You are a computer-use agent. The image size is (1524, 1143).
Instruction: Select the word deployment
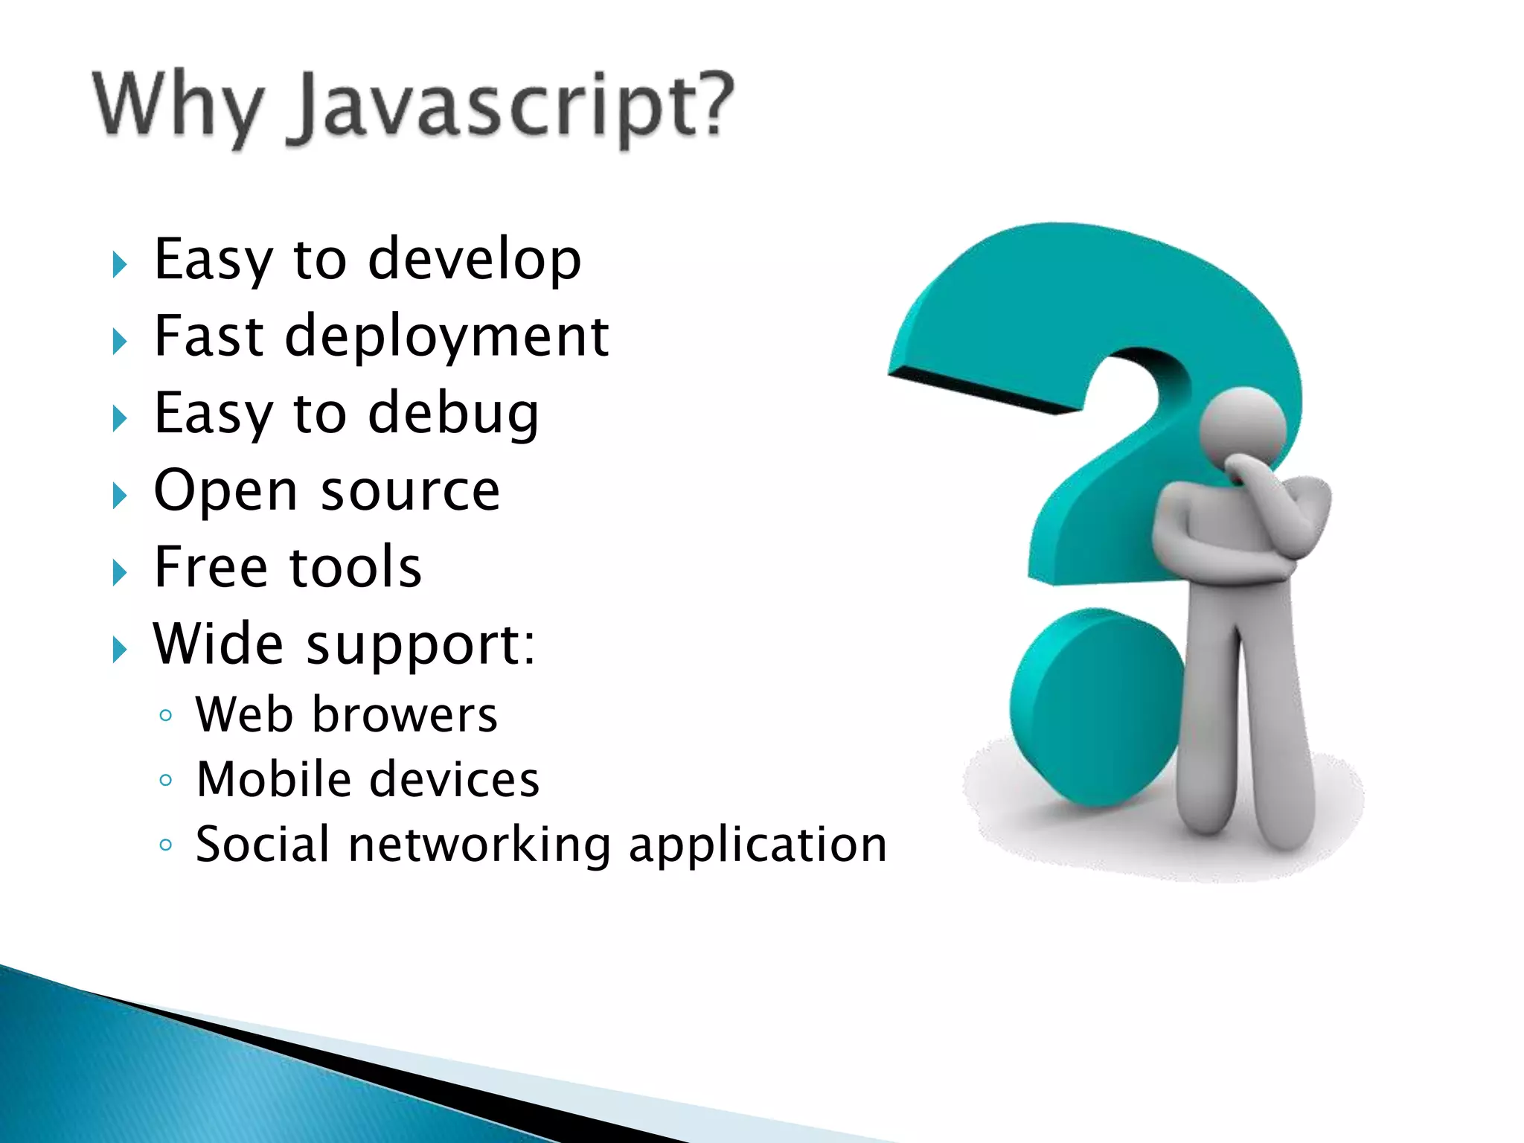[x=446, y=336]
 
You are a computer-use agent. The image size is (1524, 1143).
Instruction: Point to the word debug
[x=453, y=414]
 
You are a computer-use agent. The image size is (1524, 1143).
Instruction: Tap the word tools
[x=355, y=567]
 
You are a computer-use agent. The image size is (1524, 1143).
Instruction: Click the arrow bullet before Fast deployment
[x=119, y=342]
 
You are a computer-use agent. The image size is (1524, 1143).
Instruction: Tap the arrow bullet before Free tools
[x=119, y=572]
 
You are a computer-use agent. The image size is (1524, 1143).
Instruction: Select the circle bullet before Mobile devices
[x=166, y=781]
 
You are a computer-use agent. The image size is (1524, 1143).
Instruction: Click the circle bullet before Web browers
[x=166, y=716]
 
